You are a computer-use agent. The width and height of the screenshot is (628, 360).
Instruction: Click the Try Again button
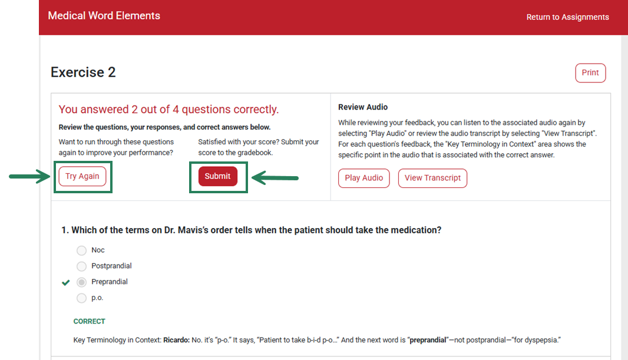click(x=82, y=177)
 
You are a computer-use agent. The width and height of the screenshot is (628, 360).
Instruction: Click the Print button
click(x=590, y=73)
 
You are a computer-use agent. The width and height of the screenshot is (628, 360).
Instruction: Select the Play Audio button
click(x=363, y=178)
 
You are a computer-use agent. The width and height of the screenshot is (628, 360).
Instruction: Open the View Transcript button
click(x=432, y=178)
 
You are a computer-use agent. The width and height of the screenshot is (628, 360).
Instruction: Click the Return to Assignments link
click(x=567, y=17)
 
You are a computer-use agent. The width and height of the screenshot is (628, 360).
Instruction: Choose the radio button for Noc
click(x=81, y=250)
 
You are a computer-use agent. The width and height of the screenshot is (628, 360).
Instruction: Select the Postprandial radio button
click(x=81, y=266)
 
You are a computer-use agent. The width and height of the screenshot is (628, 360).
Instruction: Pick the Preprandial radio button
click(x=81, y=282)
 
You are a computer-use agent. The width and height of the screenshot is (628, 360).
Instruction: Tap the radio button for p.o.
click(x=81, y=298)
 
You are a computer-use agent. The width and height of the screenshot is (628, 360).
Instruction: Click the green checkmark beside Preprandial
click(x=66, y=282)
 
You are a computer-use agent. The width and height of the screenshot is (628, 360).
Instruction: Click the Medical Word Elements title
click(x=104, y=16)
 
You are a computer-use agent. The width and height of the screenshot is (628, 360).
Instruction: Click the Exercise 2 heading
click(x=83, y=72)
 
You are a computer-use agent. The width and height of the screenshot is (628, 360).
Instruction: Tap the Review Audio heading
click(x=363, y=107)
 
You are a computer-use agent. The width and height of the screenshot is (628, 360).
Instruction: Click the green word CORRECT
click(x=90, y=322)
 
